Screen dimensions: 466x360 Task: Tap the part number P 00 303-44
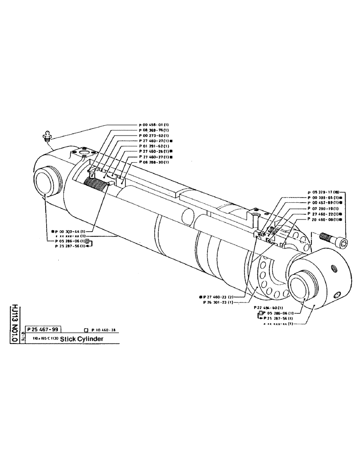[69, 231]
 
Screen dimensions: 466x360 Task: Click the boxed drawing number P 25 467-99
[44, 329]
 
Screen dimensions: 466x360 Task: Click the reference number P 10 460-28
[104, 330]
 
